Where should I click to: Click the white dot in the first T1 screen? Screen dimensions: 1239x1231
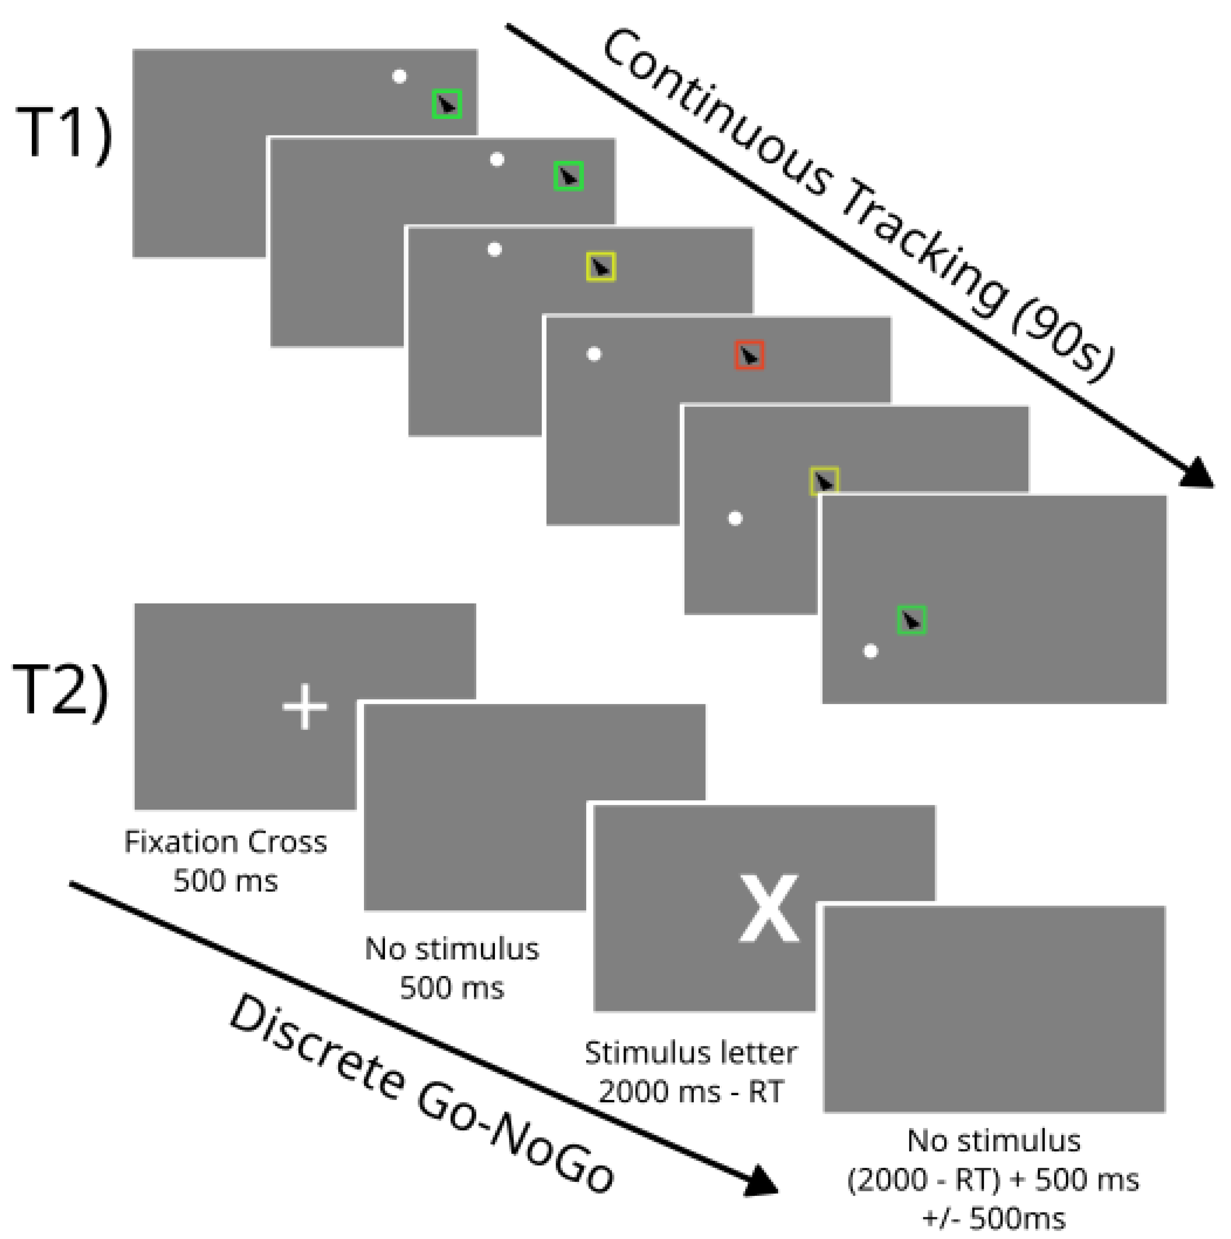coord(399,76)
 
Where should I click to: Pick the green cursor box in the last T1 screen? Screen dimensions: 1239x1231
coord(911,619)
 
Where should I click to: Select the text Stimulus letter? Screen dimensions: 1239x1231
coord(690,1053)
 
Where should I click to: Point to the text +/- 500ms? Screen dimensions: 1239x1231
coord(994,1218)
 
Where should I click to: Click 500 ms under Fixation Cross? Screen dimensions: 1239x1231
coord(226,881)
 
